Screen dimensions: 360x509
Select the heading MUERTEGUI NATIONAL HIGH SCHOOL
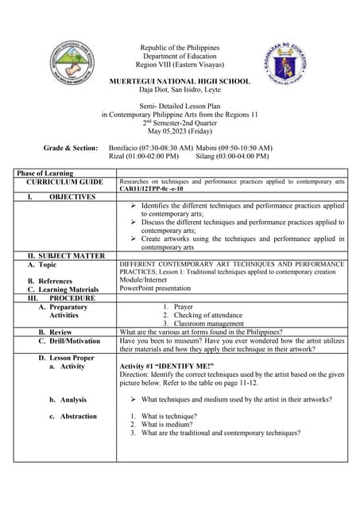point(180,81)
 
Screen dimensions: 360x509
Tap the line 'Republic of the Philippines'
point(180,48)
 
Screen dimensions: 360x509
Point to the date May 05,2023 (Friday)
point(180,131)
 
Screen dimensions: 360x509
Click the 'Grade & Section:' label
point(72,148)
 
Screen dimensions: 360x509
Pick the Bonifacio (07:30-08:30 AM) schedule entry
point(150,148)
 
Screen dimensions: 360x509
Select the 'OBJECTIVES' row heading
point(72,196)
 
